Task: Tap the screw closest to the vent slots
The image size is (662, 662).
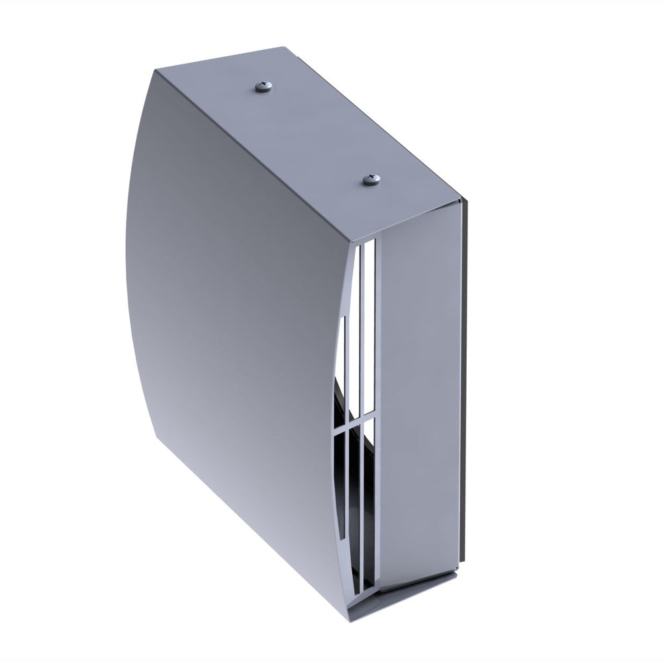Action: click(369, 179)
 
